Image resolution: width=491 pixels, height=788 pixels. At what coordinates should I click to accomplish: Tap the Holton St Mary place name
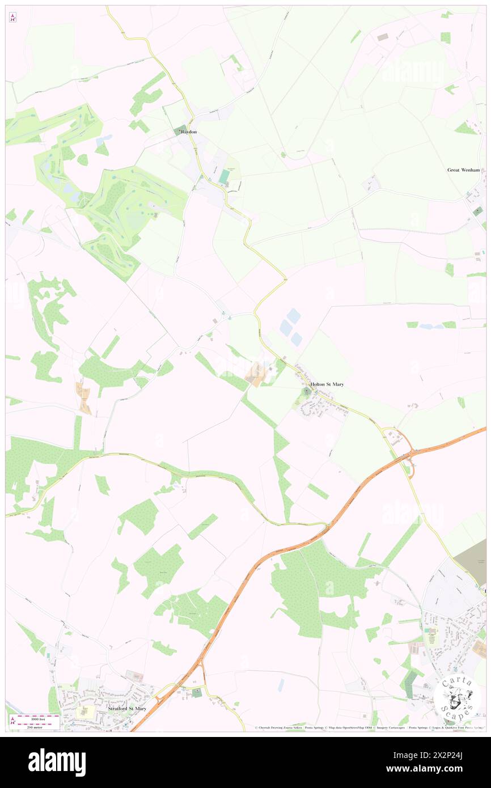tap(327, 384)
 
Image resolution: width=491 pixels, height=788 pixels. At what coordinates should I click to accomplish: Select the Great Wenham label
tap(463, 170)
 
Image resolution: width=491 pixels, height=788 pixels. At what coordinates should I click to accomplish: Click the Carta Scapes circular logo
tap(456, 699)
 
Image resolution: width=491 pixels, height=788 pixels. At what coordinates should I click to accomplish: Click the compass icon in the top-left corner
tap(13, 18)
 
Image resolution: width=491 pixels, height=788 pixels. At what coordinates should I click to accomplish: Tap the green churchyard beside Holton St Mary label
tap(307, 392)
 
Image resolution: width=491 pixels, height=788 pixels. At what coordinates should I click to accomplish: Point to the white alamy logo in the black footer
tap(57, 762)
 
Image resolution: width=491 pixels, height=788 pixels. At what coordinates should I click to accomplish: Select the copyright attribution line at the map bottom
tap(369, 728)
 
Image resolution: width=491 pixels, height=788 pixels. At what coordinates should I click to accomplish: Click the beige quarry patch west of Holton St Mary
tap(256, 375)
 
